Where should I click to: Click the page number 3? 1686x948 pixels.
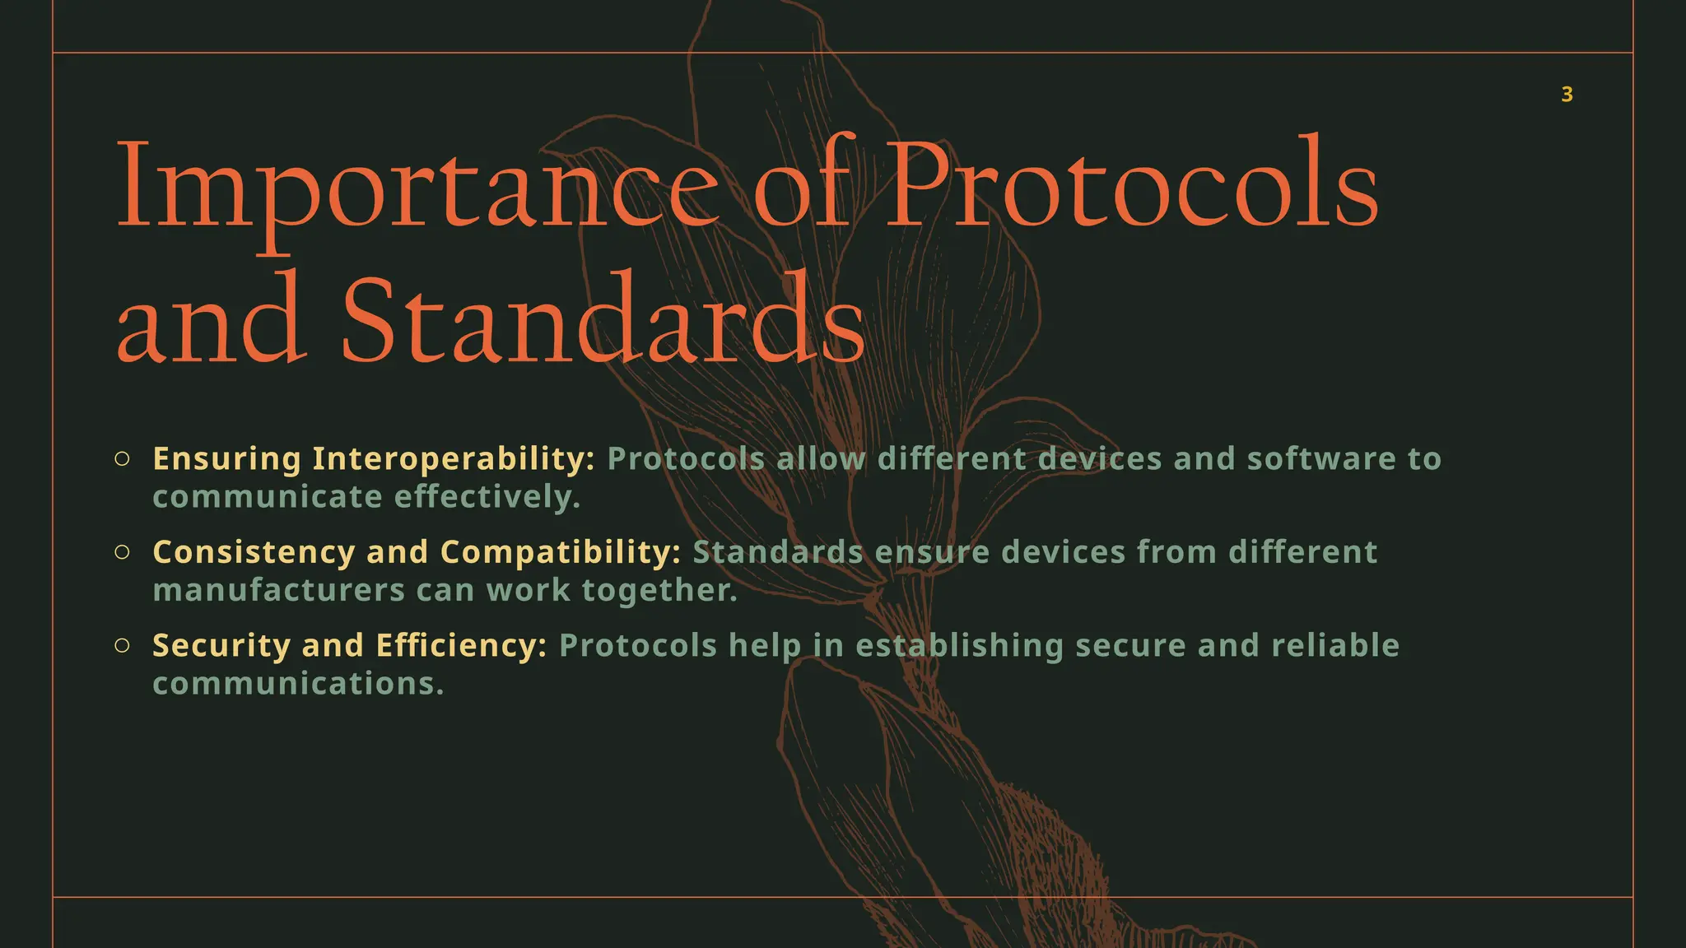point(1567,95)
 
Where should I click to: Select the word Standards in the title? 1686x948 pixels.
point(603,321)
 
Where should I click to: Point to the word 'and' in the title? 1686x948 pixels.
point(211,321)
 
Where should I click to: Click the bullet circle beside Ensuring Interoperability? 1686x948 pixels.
point(122,459)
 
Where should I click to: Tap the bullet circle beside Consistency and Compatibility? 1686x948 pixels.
point(122,552)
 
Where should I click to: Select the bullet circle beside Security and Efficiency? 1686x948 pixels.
point(122,646)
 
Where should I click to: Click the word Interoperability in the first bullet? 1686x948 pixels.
point(454,459)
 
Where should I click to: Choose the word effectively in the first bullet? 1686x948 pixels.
point(487,497)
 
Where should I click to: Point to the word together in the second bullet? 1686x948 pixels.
point(659,590)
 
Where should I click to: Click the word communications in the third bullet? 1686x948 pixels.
point(298,684)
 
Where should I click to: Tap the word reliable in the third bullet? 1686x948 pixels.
point(1335,646)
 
